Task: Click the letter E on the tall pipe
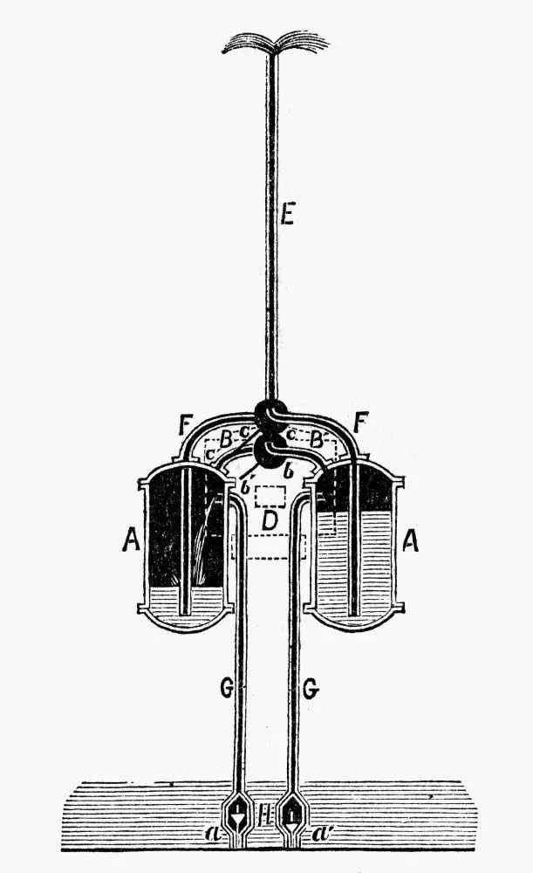[287, 214]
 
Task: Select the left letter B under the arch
[224, 439]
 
